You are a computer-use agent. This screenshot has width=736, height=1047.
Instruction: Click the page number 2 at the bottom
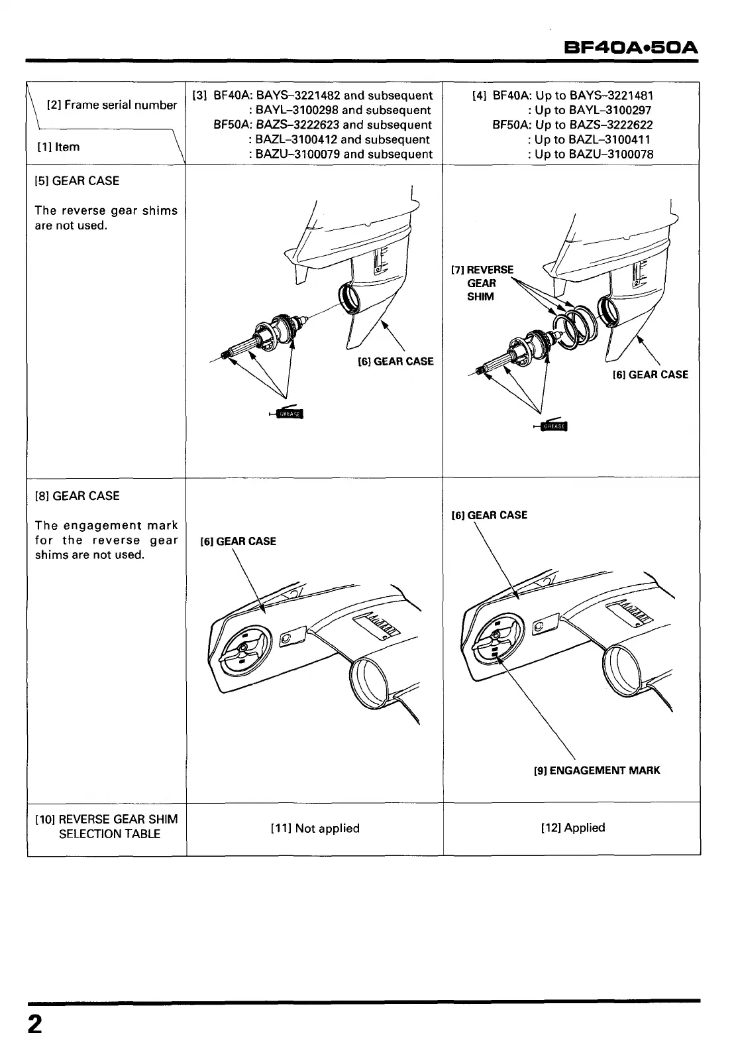point(34,1024)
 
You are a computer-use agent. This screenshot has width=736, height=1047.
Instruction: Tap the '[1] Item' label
point(63,147)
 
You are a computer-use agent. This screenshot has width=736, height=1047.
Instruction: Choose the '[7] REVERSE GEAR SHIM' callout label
point(482,283)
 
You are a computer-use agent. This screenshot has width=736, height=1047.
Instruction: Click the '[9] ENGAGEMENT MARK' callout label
point(596,770)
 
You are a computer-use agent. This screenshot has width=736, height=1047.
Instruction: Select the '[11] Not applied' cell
point(315,828)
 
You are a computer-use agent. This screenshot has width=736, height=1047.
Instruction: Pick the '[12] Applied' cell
point(573,828)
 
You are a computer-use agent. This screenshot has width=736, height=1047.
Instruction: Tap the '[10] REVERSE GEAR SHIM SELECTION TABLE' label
point(106,827)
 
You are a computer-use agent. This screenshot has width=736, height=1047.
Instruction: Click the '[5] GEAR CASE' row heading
point(77,181)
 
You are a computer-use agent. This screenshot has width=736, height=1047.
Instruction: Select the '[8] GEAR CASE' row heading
point(77,496)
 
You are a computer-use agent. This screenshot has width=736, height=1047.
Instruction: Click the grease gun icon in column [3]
point(286,414)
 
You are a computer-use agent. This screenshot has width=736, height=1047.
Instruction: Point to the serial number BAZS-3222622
point(611,125)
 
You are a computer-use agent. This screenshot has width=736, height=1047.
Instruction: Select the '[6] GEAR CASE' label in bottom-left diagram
point(238,541)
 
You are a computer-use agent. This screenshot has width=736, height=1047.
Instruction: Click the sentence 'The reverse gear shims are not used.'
point(106,218)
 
